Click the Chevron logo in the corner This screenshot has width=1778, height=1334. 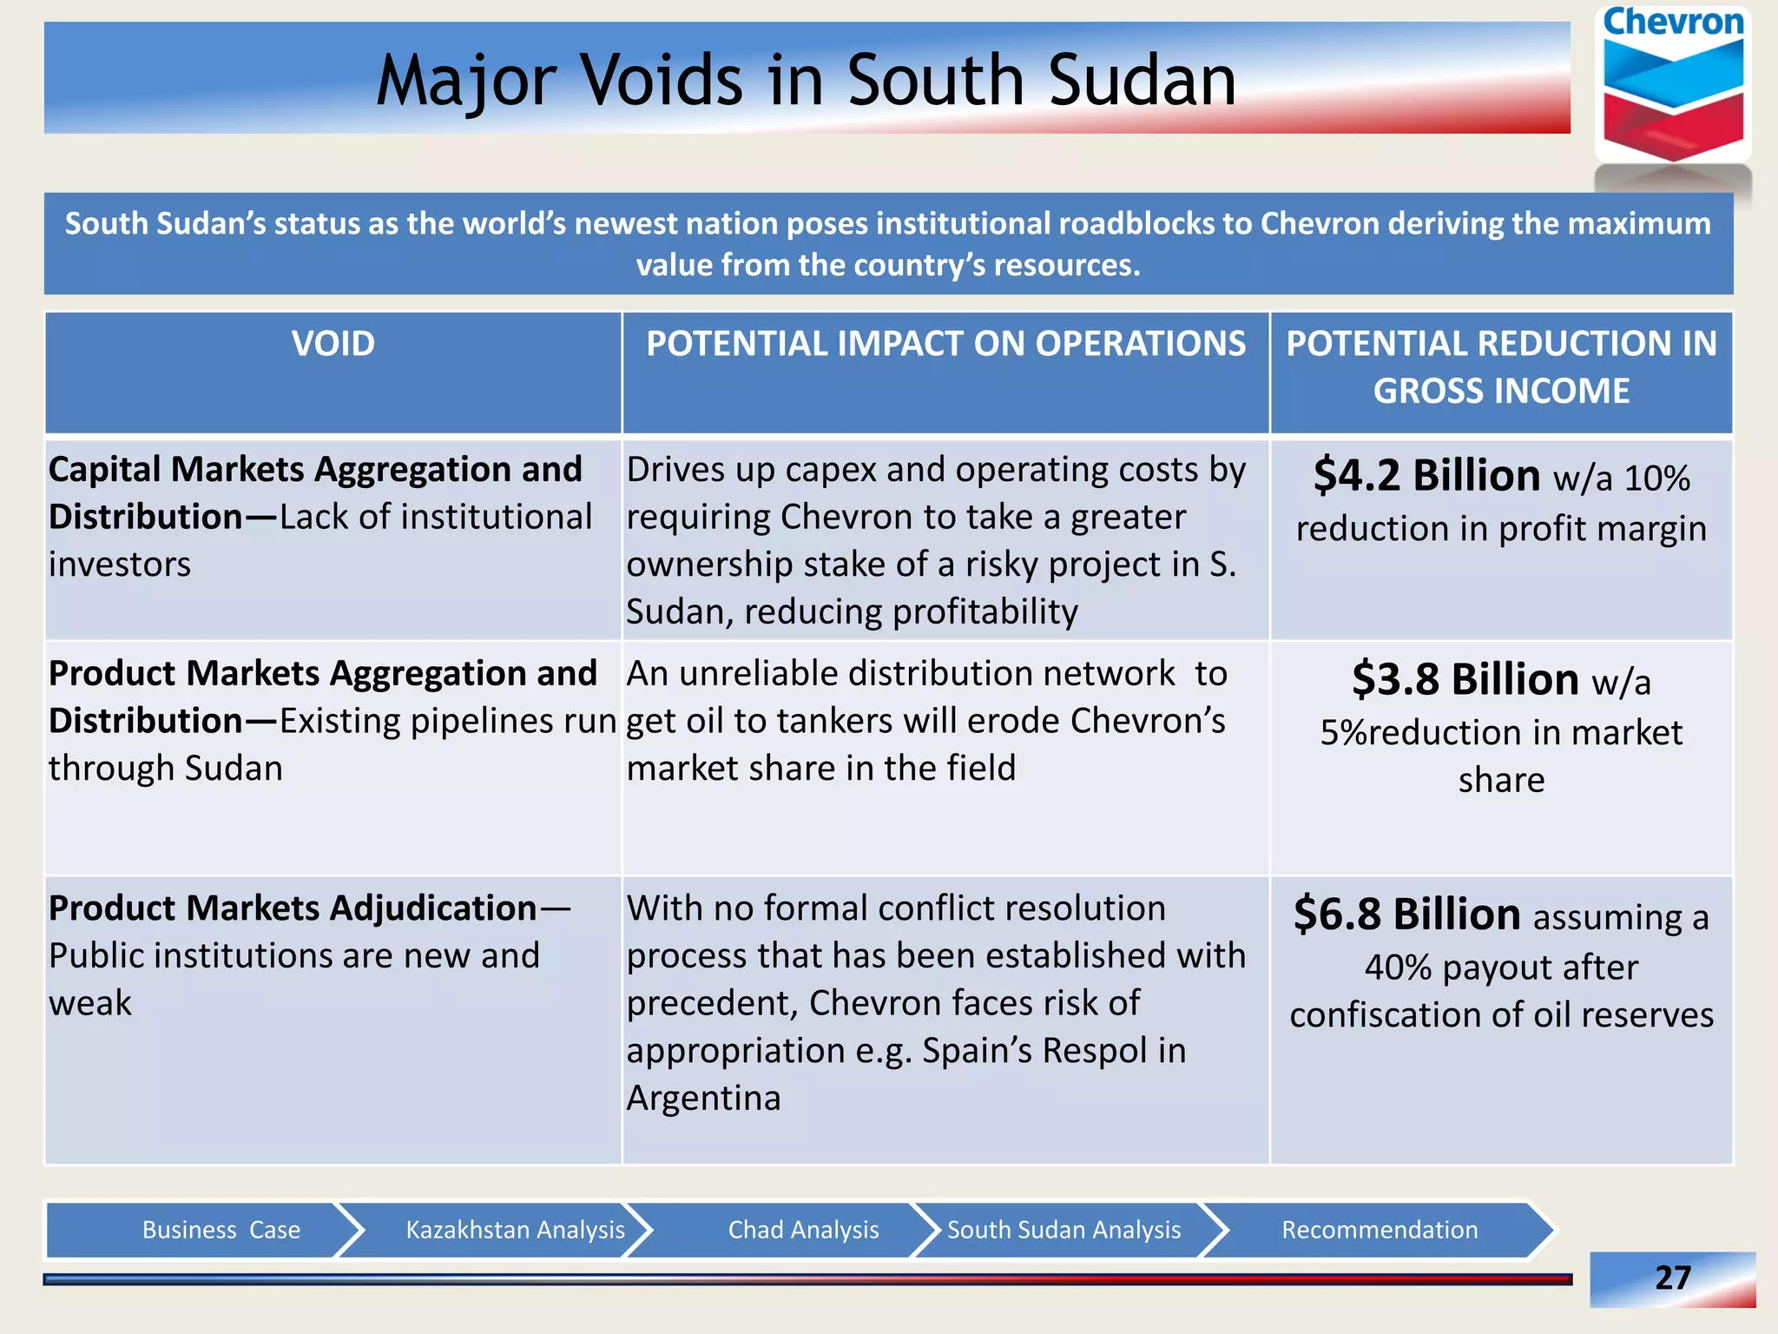1673,87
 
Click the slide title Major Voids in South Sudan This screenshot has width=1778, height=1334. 806,80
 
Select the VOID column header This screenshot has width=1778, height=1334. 333,344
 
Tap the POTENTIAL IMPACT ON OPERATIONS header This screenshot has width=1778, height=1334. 945,344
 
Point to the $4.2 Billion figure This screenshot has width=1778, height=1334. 1426,476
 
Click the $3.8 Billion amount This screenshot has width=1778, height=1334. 1465,679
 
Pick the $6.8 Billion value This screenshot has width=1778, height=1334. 1406,915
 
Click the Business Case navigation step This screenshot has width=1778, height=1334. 221,1230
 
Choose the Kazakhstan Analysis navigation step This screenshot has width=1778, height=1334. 515,1230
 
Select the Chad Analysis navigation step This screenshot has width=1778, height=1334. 803,1230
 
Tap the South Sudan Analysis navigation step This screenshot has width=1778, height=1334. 1064,1230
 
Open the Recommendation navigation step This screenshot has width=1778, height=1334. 1380,1230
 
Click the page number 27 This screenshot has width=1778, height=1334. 1672,1278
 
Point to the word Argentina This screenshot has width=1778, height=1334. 703,1099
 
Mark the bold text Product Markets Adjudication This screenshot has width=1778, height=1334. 293,908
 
